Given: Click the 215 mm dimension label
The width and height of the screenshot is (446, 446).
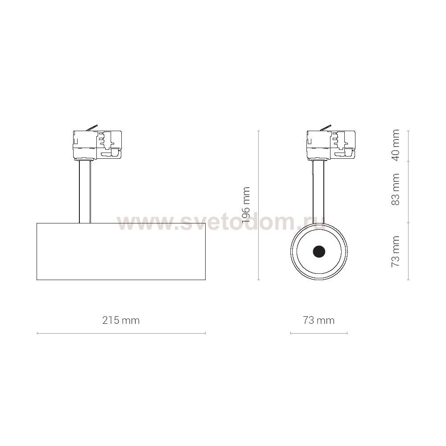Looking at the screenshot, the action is pyautogui.click(x=121, y=321).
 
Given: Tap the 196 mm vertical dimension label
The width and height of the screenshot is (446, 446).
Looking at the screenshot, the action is pyautogui.click(x=245, y=204).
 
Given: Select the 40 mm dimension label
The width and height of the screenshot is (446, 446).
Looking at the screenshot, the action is pyautogui.click(x=396, y=145).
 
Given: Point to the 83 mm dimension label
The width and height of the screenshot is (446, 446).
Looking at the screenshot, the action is pyautogui.click(x=396, y=189).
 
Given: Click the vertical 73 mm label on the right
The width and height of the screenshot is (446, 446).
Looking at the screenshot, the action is pyautogui.click(x=396, y=251).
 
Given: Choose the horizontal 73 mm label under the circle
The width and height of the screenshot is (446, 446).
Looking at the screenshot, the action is pyautogui.click(x=318, y=321).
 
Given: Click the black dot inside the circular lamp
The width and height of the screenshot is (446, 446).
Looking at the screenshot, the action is pyautogui.click(x=319, y=252).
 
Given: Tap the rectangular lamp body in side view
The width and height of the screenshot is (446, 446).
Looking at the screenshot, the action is pyautogui.click(x=121, y=252).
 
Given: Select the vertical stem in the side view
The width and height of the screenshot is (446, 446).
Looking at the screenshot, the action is pyautogui.click(x=85, y=191).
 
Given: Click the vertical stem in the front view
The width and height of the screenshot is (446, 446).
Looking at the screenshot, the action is pyautogui.click(x=318, y=191).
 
